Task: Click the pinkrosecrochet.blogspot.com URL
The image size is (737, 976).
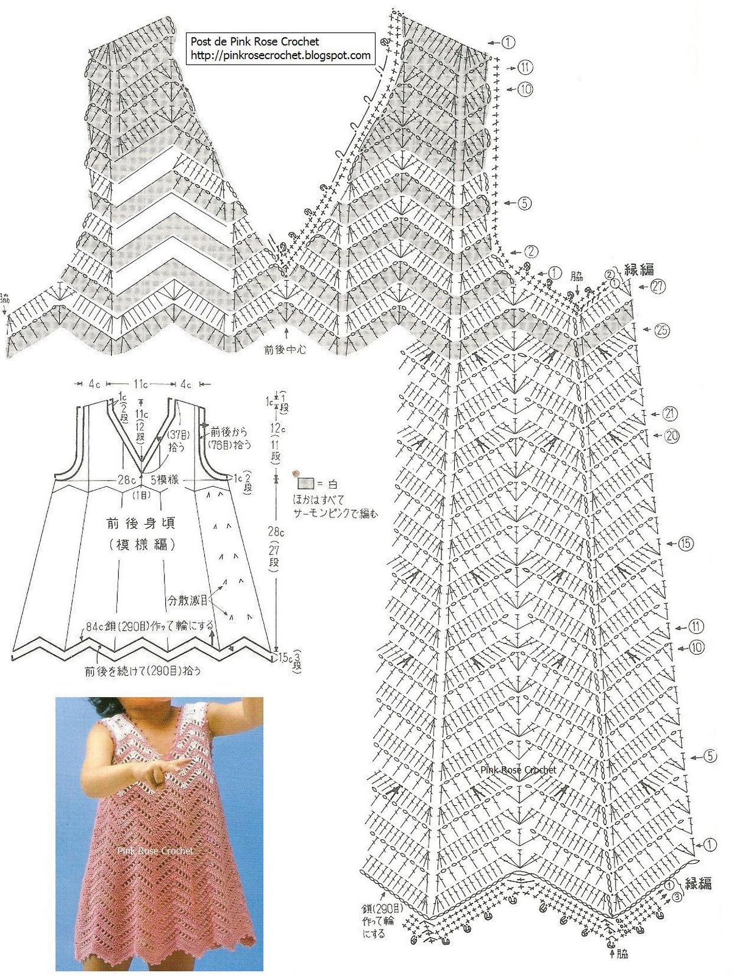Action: coord(280,56)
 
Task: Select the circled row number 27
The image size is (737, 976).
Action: coord(658,286)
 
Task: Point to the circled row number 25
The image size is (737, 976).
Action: coord(661,331)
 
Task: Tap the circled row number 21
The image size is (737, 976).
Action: coord(670,414)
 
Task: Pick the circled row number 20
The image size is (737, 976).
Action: coord(672,436)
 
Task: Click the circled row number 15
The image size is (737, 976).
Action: coord(686,543)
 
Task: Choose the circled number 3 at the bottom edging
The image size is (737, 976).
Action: coord(677,897)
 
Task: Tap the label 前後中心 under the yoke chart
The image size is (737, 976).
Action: coord(285,350)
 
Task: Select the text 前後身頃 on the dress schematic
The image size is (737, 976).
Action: coord(141,523)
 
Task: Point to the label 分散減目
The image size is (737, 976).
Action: coord(188,600)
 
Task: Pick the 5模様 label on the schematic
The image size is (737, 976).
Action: coord(164,480)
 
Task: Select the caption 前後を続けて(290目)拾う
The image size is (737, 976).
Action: coord(143,671)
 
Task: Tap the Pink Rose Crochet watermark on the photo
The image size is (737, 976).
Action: coord(155,850)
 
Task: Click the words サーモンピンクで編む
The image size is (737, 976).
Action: coord(335,513)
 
